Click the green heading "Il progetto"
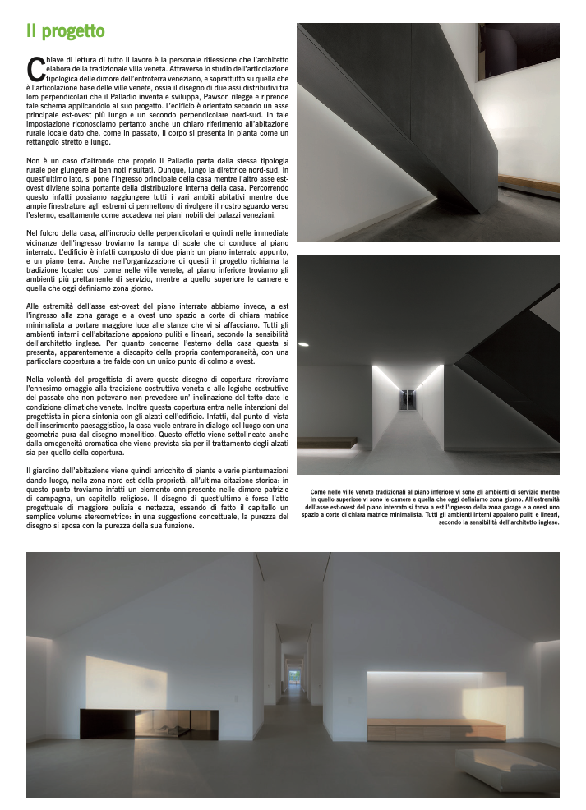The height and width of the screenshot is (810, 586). (x=66, y=32)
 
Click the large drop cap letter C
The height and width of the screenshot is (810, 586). (x=34, y=70)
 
